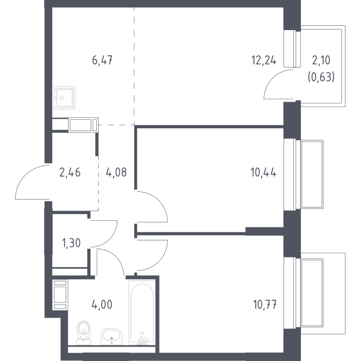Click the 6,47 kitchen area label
click(x=102, y=60)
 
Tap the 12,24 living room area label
click(x=264, y=60)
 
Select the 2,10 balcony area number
click(x=321, y=60)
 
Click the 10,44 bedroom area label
click(x=263, y=173)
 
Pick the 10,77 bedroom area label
click(x=265, y=304)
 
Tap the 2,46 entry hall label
click(x=70, y=173)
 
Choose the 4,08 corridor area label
click(x=116, y=173)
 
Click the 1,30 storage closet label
click(x=72, y=243)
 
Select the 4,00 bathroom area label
click(x=102, y=304)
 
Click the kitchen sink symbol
click(x=64, y=97)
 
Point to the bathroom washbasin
click(x=111, y=336)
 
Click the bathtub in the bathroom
click(x=141, y=312)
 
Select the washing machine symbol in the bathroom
click(x=60, y=295)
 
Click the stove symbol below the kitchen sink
click(x=84, y=125)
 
